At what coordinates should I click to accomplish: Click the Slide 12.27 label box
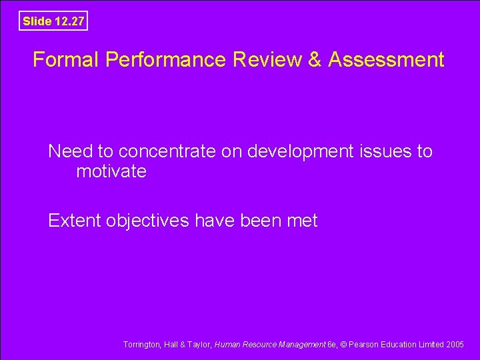pyautogui.click(x=53, y=21)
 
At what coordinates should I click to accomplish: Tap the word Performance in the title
pyautogui.click(x=166, y=60)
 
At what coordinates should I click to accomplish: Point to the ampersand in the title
pyautogui.click(x=315, y=60)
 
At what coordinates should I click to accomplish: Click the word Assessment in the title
pyautogui.click(x=386, y=60)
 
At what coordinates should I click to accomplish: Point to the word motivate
pyautogui.click(x=111, y=171)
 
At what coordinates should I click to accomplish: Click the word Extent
pyautogui.click(x=75, y=220)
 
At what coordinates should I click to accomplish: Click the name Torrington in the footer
pyautogui.click(x=141, y=345)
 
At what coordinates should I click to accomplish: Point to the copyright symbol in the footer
pyautogui.click(x=344, y=345)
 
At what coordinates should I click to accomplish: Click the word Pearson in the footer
pyautogui.click(x=364, y=345)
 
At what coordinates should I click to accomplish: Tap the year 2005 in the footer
pyautogui.click(x=455, y=345)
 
